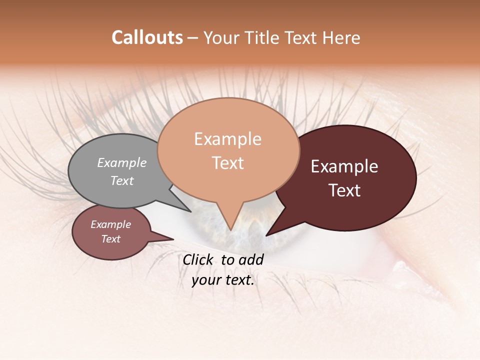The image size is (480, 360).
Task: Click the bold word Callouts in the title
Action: (x=147, y=37)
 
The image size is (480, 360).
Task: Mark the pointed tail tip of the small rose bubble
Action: (x=173, y=239)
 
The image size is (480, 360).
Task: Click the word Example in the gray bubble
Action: (x=122, y=162)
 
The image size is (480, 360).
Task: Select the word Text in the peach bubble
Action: (x=228, y=163)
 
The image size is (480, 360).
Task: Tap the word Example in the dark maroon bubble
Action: (x=344, y=166)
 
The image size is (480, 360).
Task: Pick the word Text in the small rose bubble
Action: (x=111, y=239)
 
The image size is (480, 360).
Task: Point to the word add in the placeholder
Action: (x=251, y=259)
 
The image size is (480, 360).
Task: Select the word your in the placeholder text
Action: (x=206, y=280)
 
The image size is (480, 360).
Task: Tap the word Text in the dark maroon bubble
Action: (x=345, y=190)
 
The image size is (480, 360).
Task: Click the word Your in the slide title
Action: (x=222, y=37)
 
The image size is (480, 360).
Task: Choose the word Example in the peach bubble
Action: (x=228, y=139)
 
